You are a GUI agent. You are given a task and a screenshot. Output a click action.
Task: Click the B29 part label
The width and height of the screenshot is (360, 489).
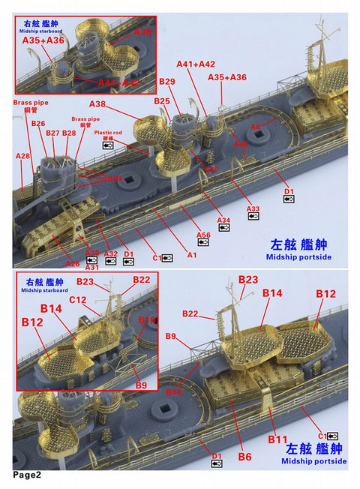(x=166, y=81)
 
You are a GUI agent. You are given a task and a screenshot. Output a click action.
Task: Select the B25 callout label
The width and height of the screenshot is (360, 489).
(x=161, y=100)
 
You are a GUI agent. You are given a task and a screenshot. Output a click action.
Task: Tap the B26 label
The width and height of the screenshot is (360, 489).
(x=38, y=124)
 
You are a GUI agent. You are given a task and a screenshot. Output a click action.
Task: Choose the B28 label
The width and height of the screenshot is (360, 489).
(x=69, y=133)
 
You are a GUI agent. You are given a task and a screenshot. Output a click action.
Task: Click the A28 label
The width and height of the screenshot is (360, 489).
(x=22, y=155)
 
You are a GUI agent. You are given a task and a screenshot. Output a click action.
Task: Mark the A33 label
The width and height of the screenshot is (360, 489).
(x=253, y=208)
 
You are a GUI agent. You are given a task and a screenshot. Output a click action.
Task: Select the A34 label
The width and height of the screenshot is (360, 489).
(x=223, y=220)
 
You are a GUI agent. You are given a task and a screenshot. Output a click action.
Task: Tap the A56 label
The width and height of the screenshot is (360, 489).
(x=203, y=235)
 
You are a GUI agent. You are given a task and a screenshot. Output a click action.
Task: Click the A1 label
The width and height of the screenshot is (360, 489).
(x=191, y=255)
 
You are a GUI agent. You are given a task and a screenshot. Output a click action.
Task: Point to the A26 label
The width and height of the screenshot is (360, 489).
(x=73, y=263)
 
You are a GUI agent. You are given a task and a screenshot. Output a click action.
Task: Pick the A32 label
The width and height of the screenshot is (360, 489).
(x=111, y=254)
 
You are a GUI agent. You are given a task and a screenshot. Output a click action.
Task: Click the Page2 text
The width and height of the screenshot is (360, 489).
(x=26, y=475)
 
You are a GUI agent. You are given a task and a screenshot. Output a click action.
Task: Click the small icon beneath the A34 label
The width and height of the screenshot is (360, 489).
(x=223, y=227)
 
